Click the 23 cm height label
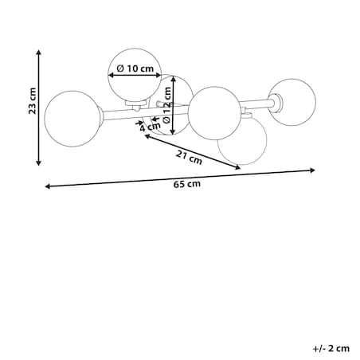(33, 101)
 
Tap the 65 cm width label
(187, 184)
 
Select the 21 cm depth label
(189, 157)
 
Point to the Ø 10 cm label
(135, 68)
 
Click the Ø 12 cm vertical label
(166, 105)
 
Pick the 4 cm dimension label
(150, 127)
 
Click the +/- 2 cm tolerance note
(331, 348)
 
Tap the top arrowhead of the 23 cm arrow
(39, 52)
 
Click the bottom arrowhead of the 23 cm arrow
(39, 162)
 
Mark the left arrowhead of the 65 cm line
(48, 186)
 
